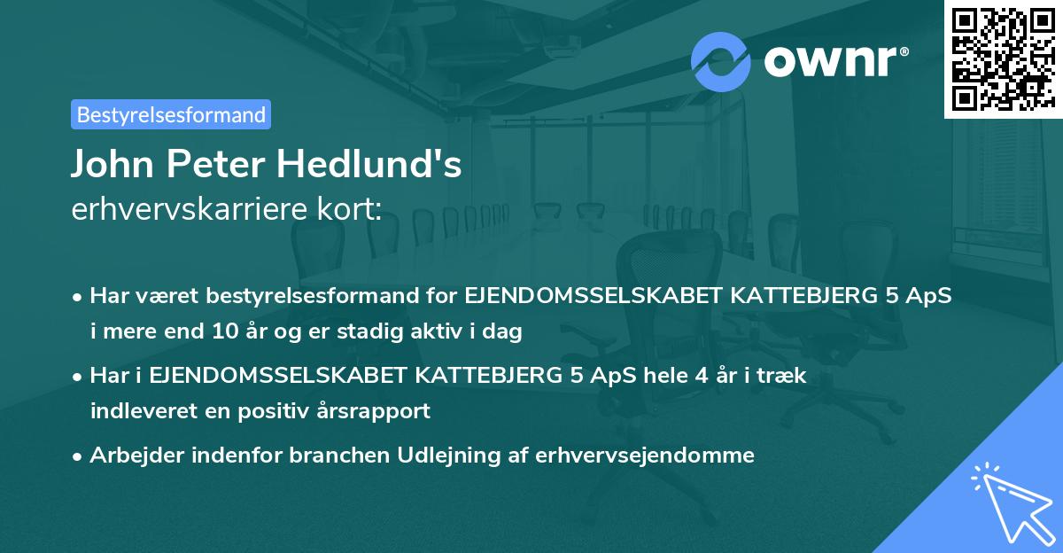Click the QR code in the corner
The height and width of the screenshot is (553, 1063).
pos(1003,58)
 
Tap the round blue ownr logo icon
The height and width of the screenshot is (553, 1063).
pos(720,60)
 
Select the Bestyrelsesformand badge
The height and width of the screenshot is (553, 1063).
pos(171,114)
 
